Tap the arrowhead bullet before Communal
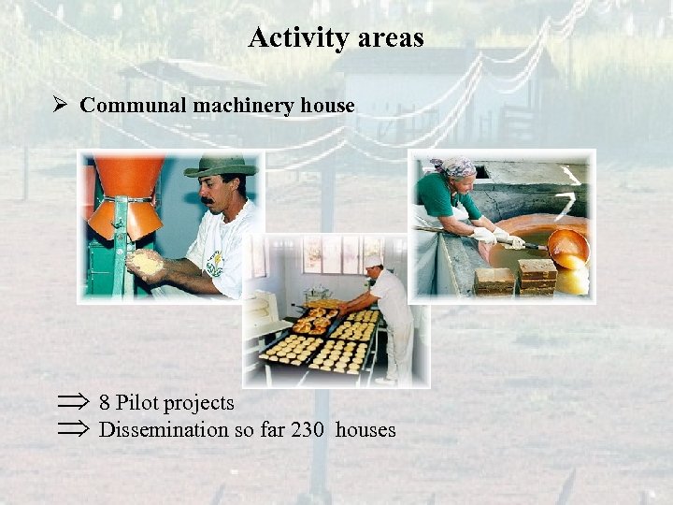[61, 105]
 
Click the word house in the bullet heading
[328, 105]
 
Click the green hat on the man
[221, 167]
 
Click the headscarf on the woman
[455, 166]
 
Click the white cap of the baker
[373, 261]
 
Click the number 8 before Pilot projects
[105, 403]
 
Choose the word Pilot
[136, 403]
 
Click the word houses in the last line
[365, 430]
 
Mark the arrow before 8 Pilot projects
[72, 403]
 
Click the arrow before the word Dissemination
[72, 430]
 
